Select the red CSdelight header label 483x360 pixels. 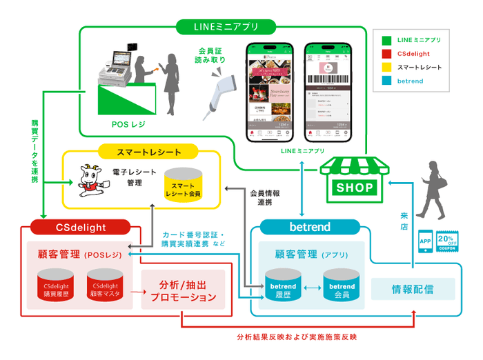tap(80, 227)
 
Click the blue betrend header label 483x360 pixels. tap(310, 227)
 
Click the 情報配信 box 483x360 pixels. tap(413, 289)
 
